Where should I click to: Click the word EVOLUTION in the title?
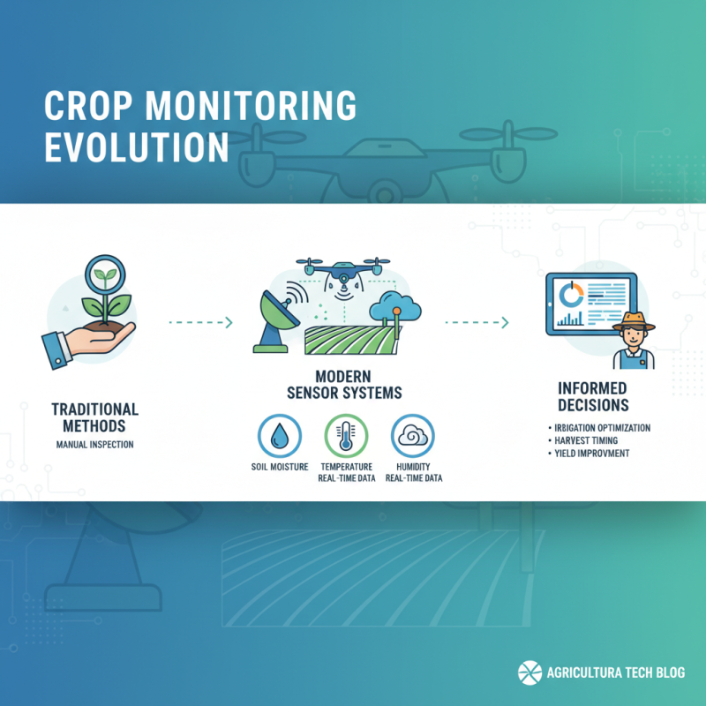click(x=136, y=146)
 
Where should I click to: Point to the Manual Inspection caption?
click(x=94, y=444)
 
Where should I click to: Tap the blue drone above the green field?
click(x=342, y=270)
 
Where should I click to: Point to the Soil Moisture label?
click(x=279, y=466)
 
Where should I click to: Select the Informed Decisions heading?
click(x=592, y=396)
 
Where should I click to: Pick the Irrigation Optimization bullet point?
click(x=600, y=428)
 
